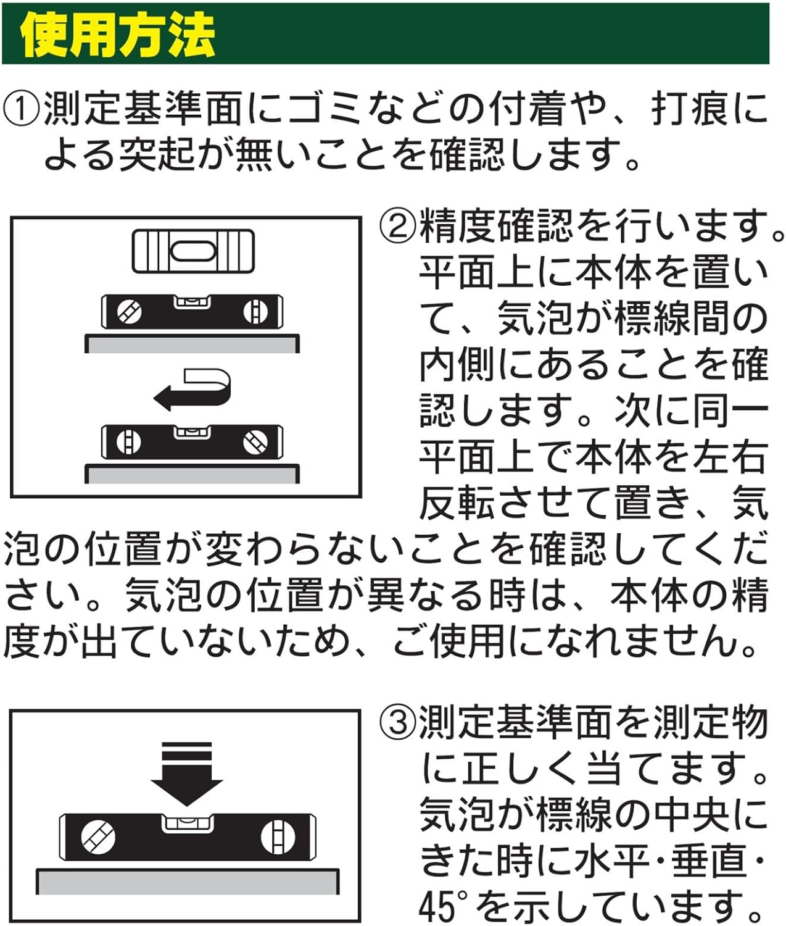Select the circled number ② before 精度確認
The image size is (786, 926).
[x=398, y=225]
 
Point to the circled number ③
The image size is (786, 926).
[x=398, y=721]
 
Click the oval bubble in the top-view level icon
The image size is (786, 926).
[x=193, y=251]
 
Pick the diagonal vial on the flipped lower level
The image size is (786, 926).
[x=255, y=441]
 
